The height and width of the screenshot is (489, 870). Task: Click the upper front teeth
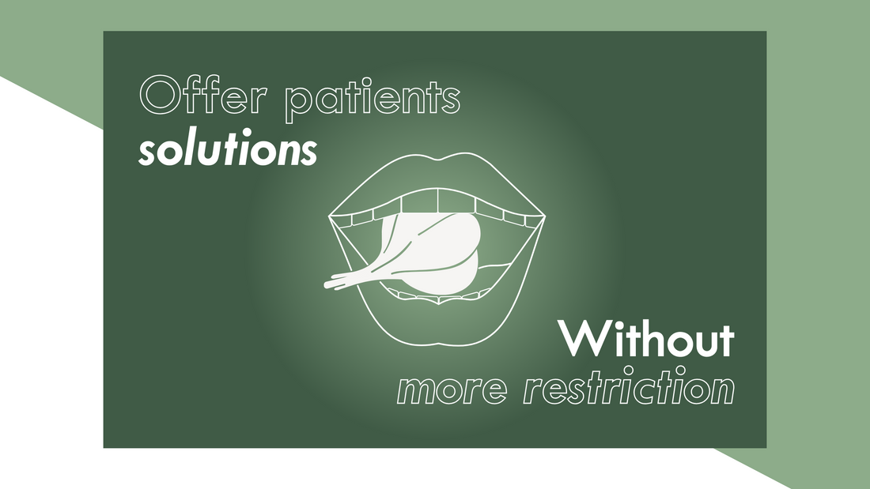[x=439, y=201]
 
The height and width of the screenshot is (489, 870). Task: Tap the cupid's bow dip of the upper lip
[x=439, y=155]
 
